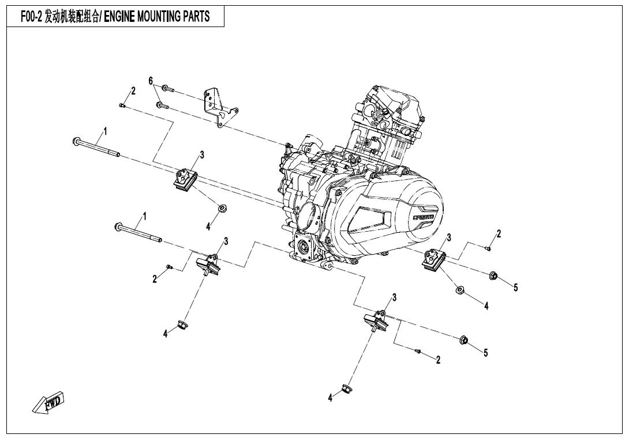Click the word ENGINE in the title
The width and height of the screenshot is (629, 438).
[119, 17]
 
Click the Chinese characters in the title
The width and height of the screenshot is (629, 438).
[72, 17]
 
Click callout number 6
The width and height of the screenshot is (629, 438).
[151, 81]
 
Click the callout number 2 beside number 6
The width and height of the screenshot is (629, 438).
[133, 90]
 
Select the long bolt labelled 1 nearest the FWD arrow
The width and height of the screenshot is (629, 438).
[138, 232]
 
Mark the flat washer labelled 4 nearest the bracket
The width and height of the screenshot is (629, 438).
[221, 209]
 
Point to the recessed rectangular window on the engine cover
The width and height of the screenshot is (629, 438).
[369, 220]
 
